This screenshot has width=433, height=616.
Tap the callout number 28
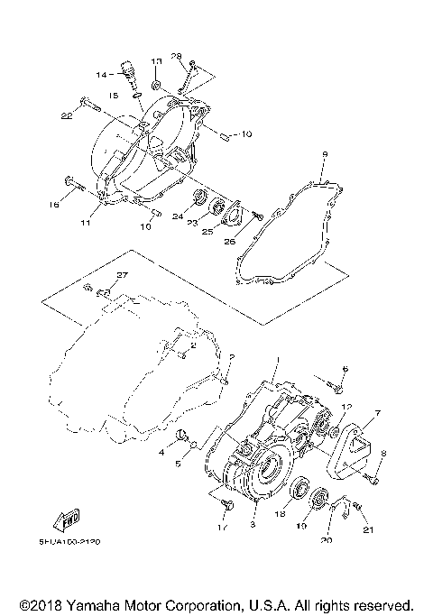[177, 57]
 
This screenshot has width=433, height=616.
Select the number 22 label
[66, 115]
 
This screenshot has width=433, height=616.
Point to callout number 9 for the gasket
[322, 154]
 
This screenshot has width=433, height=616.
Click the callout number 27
[123, 274]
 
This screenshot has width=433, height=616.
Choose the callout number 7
[376, 413]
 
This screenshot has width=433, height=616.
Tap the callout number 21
[367, 529]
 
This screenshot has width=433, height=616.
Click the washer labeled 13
[155, 85]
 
